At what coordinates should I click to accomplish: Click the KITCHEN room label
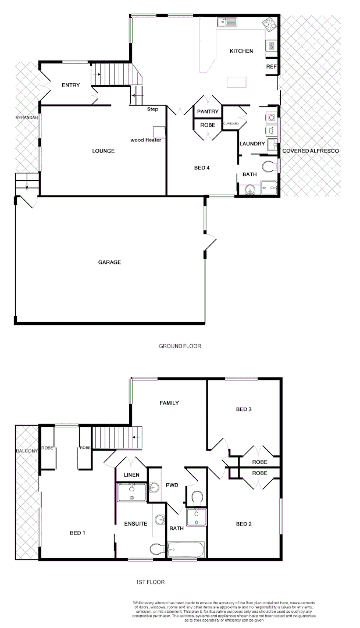(x=241, y=51)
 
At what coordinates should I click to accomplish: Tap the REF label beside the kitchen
(x=271, y=67)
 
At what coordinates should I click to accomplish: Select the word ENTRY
(x=70, y=85)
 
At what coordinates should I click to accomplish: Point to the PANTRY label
(x=208, y=112)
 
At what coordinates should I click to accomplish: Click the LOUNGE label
(x=103, y=151)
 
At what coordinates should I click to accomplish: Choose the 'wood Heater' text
(x=146, y=140)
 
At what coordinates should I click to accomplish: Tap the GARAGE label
(x=109, y=262)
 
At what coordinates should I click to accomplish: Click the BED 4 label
(x=201, y=168)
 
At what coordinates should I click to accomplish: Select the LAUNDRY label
(x=252, y=144)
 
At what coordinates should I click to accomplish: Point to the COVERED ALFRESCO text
(x=310, y=151)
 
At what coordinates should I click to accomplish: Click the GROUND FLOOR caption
(x=180, y=346)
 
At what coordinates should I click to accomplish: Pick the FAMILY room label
(x=169, y=403)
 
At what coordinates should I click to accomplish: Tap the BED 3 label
(x=244, y=409)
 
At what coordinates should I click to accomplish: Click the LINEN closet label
(x=131, y=475)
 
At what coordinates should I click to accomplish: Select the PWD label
(x=172, y=484)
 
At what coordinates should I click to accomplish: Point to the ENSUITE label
(x=135, y=524)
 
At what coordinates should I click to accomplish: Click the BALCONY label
(x=27, y=451)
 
